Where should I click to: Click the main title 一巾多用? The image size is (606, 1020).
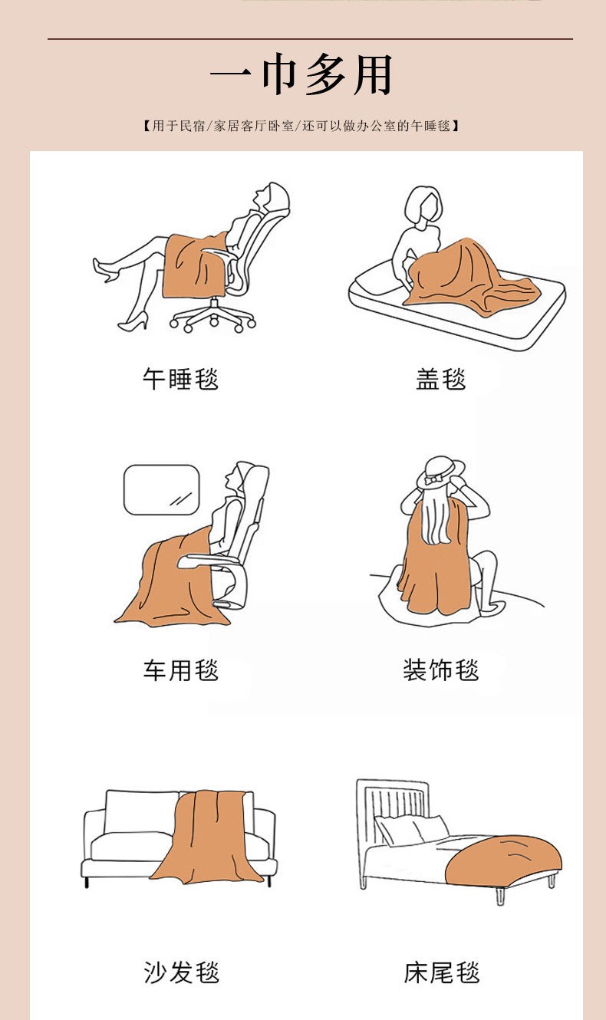point(301,77)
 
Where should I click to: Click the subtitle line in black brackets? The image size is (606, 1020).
point(301,126)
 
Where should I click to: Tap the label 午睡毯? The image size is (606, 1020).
point(180,379)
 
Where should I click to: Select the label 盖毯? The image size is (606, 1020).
point(441,379)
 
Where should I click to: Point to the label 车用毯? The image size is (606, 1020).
point(180,670)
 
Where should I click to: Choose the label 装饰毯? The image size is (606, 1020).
point(441,670)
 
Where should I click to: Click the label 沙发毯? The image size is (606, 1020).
point(181,972)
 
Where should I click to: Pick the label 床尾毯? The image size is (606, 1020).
point(442,972)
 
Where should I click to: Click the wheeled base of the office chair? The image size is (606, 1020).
point(213,317)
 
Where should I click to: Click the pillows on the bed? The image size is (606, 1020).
point(410,830)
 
